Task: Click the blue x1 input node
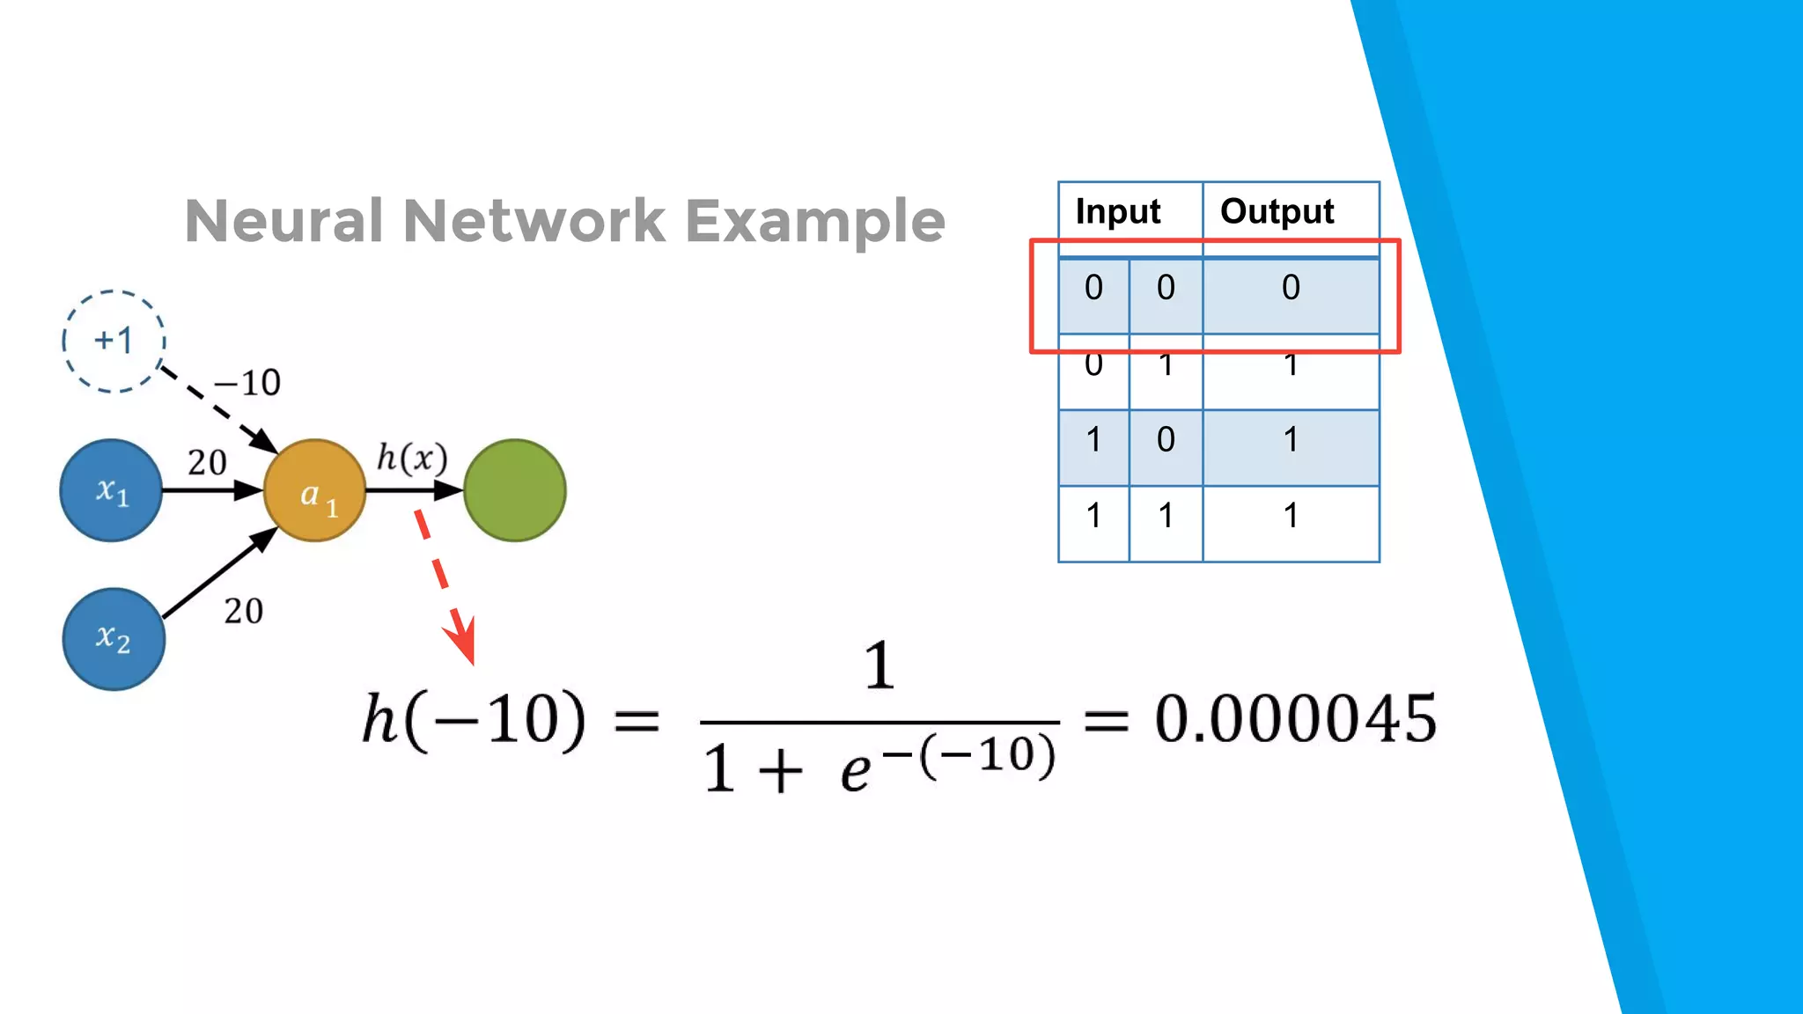coord(111,490)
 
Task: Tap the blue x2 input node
coord(114,639)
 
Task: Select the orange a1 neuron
coord(314,490)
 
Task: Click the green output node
coord(515,490)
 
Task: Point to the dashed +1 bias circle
coord(114,341)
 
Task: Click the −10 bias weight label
coord(247,383)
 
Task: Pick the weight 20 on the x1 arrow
coord(207,462)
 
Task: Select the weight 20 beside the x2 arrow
coord(243,611)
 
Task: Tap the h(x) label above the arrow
coord(412,458)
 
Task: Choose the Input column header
coord(1117,211)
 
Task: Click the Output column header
coord(1277,211)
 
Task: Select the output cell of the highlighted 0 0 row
coord(1291,288)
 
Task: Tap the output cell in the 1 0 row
coord(1291,439)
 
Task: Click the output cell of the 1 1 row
coord(1291,515)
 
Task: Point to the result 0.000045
coord(1295,719)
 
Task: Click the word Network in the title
coord(534,220)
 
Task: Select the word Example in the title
coord(814,222)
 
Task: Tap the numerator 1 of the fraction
coord(879,665)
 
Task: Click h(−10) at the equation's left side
coord(474,720)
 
